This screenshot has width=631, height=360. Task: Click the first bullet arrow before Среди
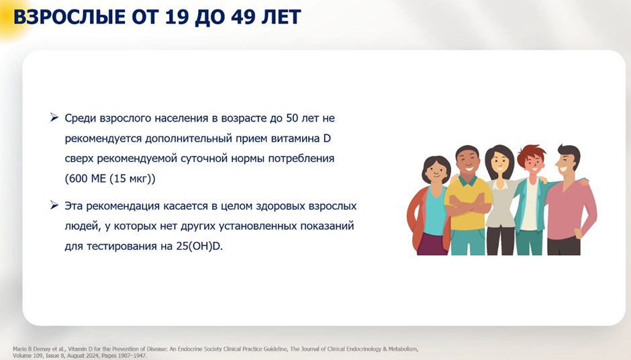[x=54, y=118]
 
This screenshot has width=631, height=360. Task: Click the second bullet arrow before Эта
[x=54, y=206]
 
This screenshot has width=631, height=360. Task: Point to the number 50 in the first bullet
[x=292, y=118]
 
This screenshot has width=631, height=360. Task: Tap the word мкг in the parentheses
[x=138, y=179]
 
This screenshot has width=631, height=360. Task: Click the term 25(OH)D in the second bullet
[x=199, y=246]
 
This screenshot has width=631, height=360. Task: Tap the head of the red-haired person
[x=532, y=159]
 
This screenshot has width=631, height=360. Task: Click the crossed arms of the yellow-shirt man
[x=468, y=205]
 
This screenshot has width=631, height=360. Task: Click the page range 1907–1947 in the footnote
[x=132, y=356]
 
